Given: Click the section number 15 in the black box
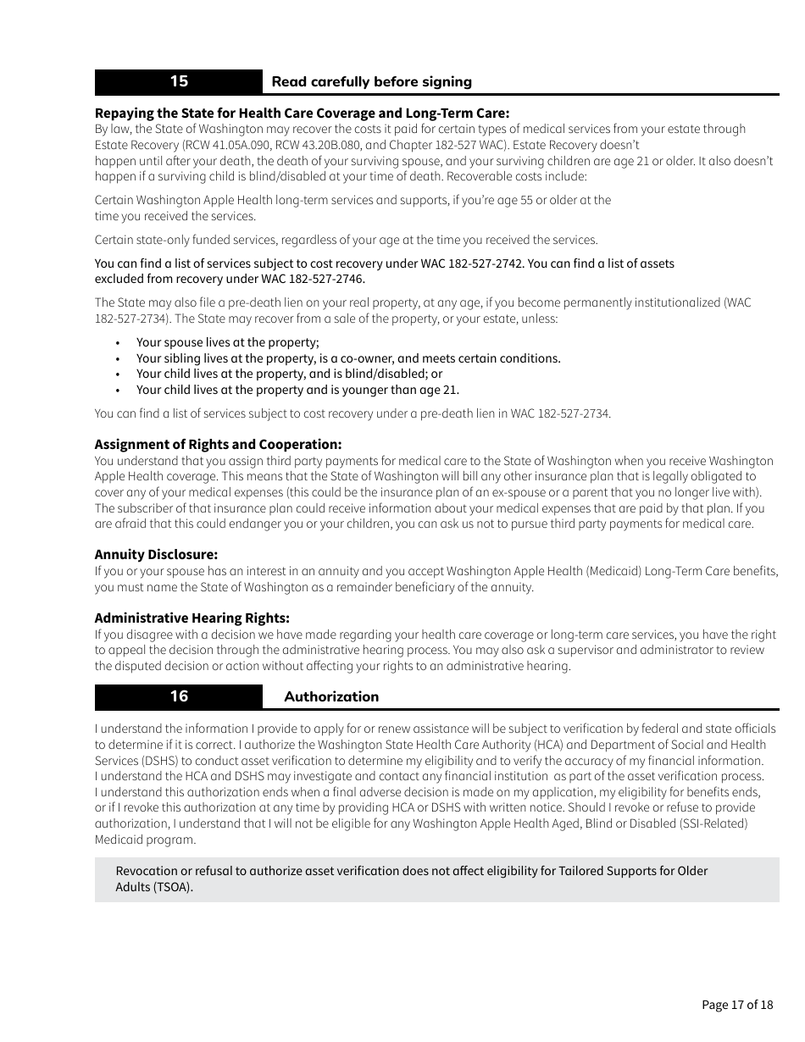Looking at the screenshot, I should [179, 81].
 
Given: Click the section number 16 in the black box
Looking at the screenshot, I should [179, 696].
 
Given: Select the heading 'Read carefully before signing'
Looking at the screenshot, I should [371, 82].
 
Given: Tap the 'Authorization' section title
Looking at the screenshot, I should [331, 696].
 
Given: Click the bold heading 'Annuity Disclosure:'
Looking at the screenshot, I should [156, 555].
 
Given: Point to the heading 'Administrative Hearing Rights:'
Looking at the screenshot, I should [192, 618].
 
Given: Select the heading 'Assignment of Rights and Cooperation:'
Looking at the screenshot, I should [218, 444].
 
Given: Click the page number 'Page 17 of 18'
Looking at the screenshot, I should [737, 1005].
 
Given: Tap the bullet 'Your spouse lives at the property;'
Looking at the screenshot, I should [227, 342].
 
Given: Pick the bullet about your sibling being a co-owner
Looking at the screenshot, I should [347, 358].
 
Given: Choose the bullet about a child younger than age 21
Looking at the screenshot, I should [297, 390].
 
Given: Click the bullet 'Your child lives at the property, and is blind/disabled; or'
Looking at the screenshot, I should [289, 374].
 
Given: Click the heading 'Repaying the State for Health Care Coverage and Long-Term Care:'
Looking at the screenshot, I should [302, 113].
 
